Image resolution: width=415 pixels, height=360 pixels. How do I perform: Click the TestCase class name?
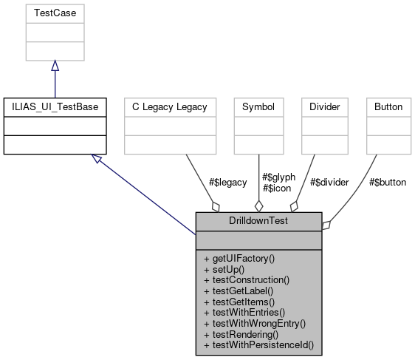pyautogui.click(x=55, y=13)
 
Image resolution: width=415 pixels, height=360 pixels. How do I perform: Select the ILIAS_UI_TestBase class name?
pyautogui.click(x=55, y=107)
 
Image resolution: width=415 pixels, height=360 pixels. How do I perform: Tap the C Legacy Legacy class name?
pyautogui.click(x=170, y=107)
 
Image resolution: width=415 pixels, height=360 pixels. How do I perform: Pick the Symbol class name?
pyautogui.click(x=258, y=107)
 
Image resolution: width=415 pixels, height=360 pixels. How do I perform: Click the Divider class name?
pyautogui.click(x=325, y=107)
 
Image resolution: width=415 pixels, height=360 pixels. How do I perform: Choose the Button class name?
pyautogui.click(x=388, y=107)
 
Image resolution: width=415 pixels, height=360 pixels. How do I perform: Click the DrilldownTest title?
pyautogui.click(x=258, y=221)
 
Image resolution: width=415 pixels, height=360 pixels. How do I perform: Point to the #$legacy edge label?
pyautogui.click(x=227, y=182)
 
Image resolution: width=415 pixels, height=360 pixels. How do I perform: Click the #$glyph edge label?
pyautogui.click(x=278, y=177)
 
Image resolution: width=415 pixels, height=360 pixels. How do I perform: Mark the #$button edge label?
pyautogui.click(x=387, y=182)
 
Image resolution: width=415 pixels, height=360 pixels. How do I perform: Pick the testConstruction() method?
pyautogui.click(x=246, y=280)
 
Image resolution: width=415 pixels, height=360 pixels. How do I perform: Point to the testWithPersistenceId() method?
pyautogui.click(x=258, y=344)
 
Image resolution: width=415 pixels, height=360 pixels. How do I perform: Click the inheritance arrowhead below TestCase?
pyautogui.click(x=55, y=65)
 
